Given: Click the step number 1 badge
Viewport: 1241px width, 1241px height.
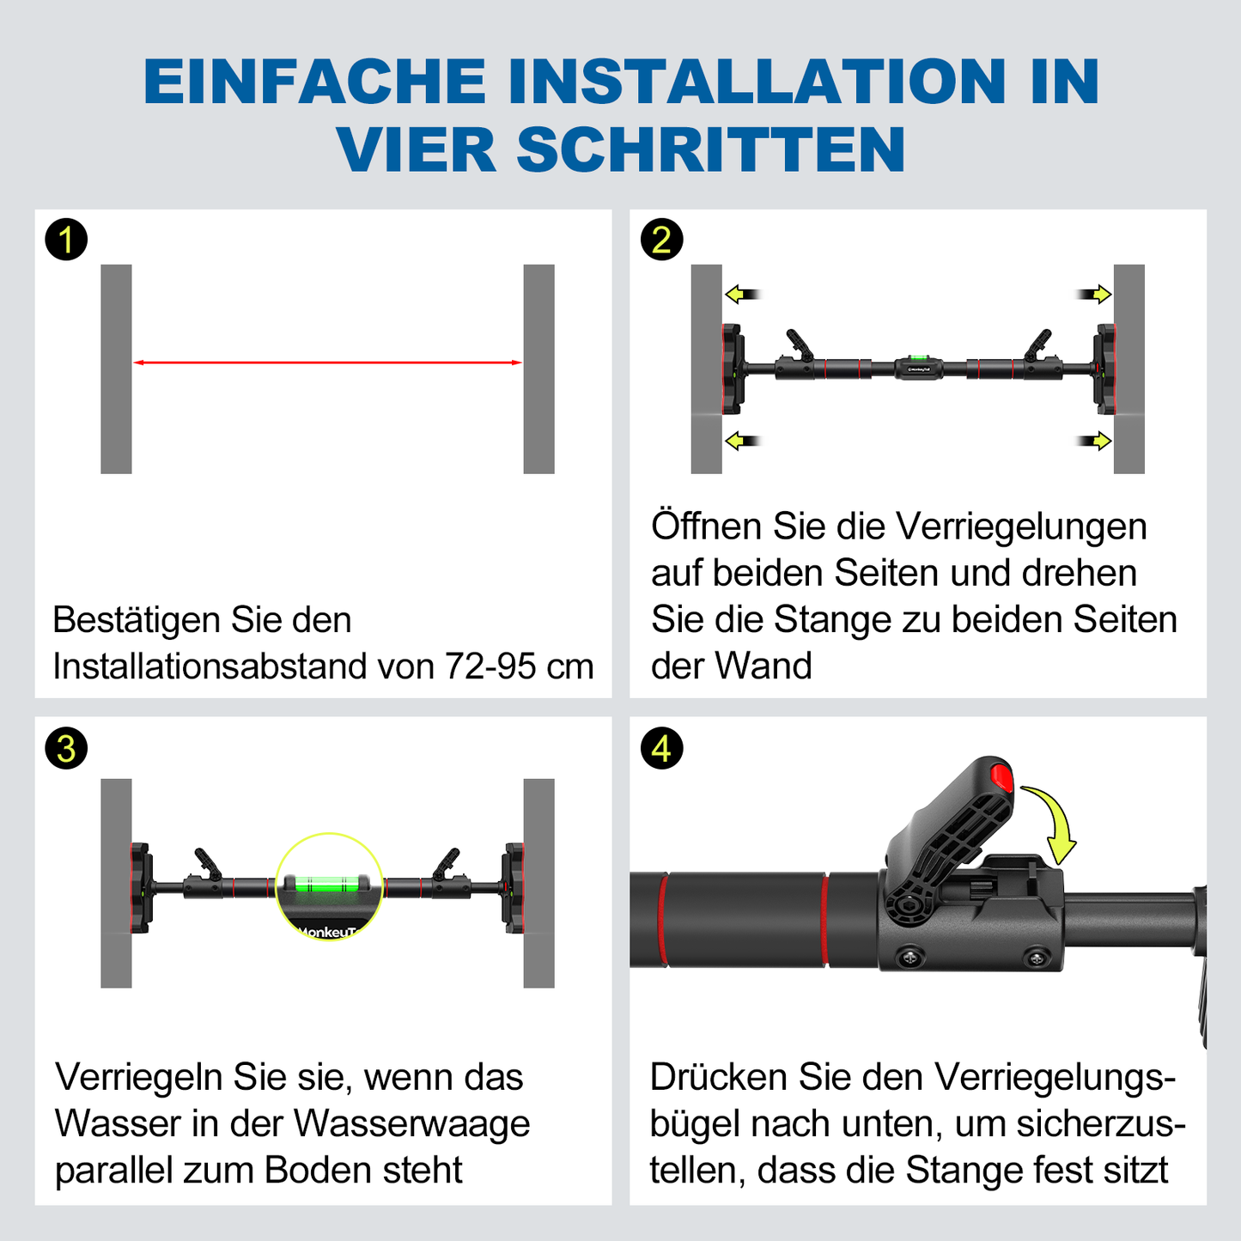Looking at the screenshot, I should tap(66, 240).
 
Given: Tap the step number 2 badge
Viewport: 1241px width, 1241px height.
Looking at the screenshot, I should tap(661, 240).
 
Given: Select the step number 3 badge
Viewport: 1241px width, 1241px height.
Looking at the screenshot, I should tap(66, 748).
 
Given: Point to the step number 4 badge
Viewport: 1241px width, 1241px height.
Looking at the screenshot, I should tap(661, 748).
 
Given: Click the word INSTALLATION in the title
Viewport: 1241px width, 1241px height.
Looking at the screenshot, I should tap(757, 82).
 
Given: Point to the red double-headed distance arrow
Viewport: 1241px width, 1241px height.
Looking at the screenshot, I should tap(327, 362).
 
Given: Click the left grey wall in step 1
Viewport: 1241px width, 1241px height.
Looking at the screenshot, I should tap(116, 368).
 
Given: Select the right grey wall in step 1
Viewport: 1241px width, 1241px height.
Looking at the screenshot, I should tap(538, 368).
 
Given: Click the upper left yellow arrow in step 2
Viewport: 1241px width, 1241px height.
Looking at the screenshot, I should tap(742, 295).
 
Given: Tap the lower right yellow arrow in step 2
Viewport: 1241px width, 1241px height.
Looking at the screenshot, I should tap(1095, 441).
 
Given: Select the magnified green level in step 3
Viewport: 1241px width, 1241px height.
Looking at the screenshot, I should tap(328, 883).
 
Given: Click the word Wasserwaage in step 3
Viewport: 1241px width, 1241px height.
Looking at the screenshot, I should tap(411, 1123).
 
